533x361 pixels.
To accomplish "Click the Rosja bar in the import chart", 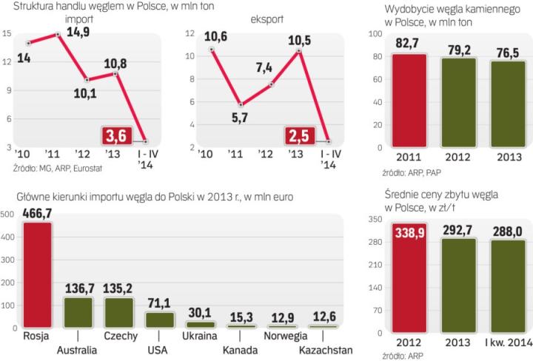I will (37, 274).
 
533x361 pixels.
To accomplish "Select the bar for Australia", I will (78, 311).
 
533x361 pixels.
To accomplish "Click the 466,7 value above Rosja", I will (38, 213).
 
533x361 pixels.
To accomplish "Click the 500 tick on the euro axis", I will (7, 215).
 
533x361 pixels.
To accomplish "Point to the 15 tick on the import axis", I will (7, 33).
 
